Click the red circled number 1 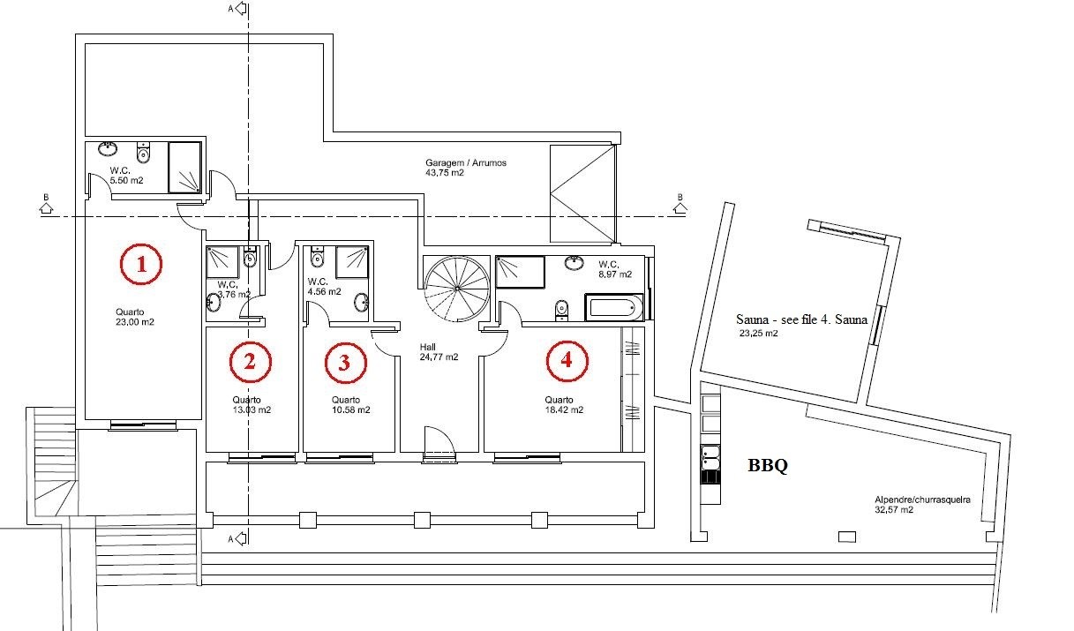[x=141, y=264]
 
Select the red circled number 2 [x=250, y=362]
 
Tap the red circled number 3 [x=345, y=363]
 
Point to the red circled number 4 [x=567, y=361]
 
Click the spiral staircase [x=457, y=289]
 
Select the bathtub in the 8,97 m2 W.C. [x=613, y=307]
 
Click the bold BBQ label [x=768, y=465]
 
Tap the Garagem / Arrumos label [x=466, y=162]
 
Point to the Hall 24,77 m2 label [x=439, y=352]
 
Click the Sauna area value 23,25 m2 [x=759, y=334]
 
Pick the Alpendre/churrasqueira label [x=922, y=500]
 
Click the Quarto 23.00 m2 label [x=135, y=317]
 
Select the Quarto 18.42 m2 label [x=564, y=405]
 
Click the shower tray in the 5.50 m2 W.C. [x=184, y=168]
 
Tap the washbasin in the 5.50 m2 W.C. [x=108, y=148]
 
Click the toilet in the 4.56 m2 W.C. [x=317, y=257]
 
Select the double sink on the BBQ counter [x=710, y=458]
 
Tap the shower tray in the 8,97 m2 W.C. [x=520, y=273]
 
